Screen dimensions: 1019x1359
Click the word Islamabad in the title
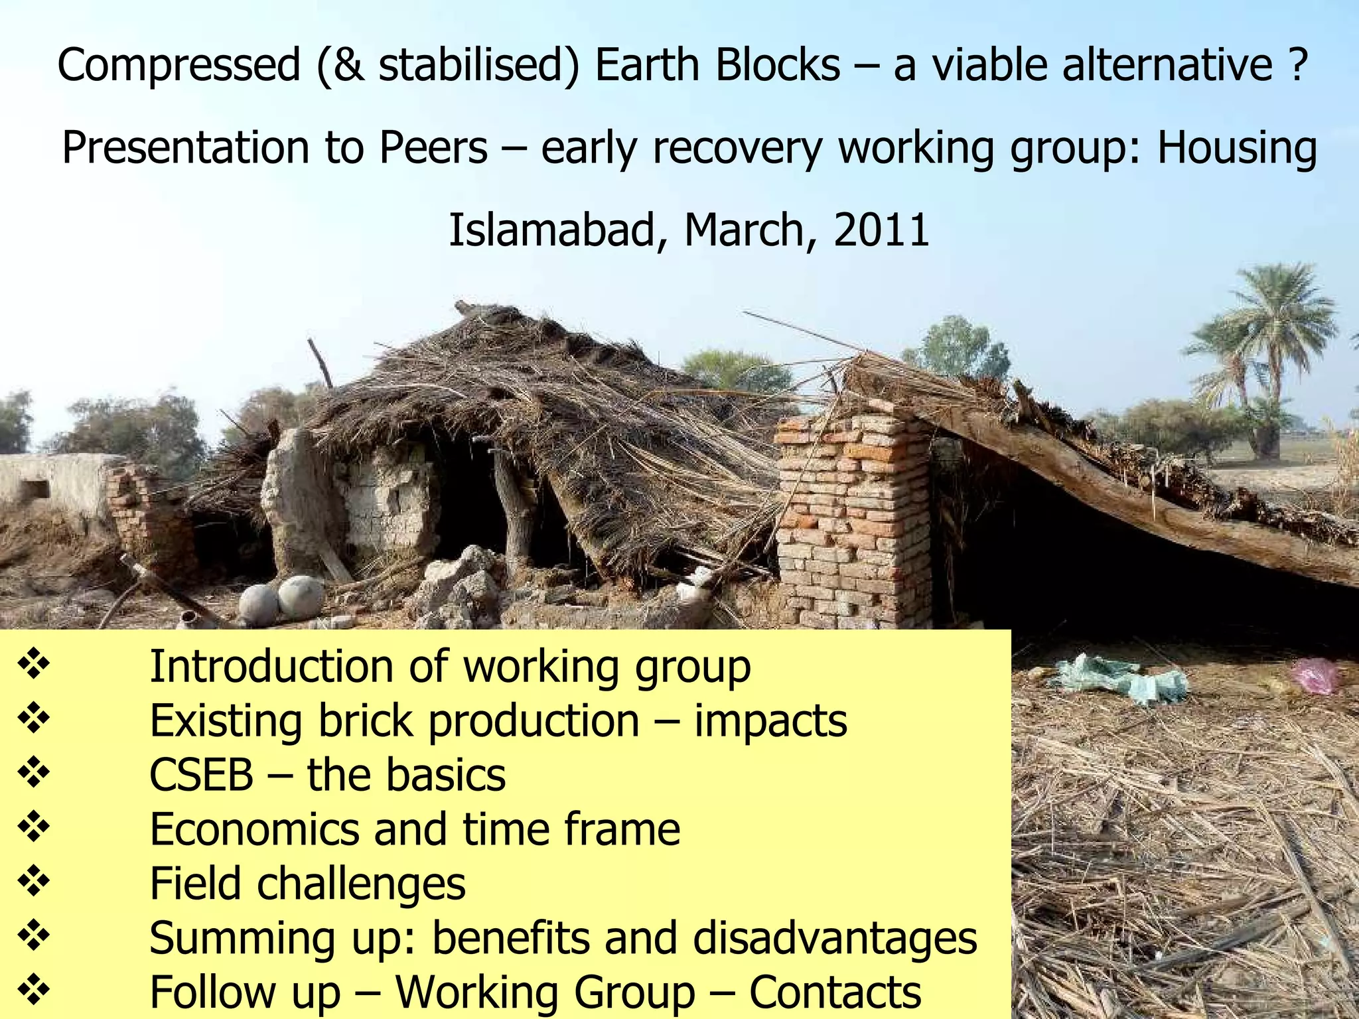click(550, 230)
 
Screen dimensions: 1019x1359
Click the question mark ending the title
click(1299, 64)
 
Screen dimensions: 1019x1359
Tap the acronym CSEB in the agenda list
click(201, 774)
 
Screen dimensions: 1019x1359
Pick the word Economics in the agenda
click(254, 829)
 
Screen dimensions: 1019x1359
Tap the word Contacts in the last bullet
click(835, 992)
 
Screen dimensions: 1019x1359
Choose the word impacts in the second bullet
click(770, 720)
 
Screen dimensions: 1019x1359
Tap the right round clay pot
click(301, 596)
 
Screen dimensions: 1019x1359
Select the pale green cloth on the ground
click(1121, 678)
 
